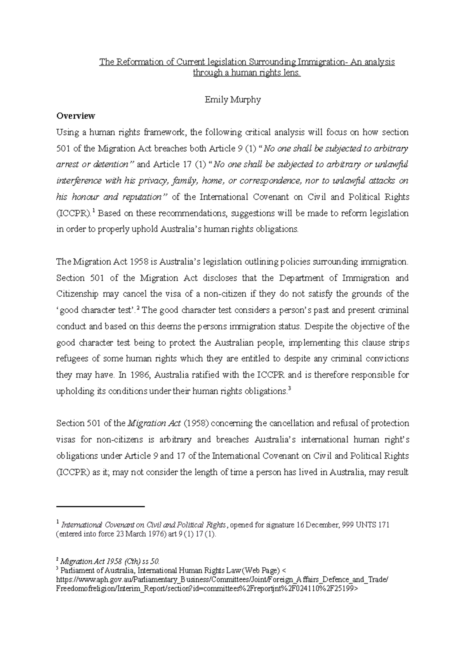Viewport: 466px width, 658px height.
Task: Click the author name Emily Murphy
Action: [x=233, y=100]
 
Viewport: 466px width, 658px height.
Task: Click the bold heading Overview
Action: [x=75, y=116]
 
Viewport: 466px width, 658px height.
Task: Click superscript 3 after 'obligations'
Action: [x=290, y=390]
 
